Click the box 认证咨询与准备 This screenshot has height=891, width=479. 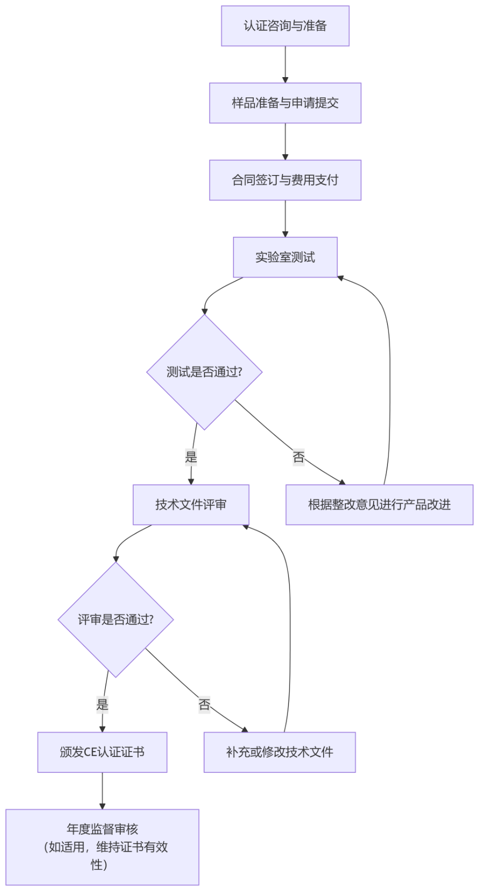[x=285, y=26]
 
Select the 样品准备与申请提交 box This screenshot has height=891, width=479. [x=285, y=103]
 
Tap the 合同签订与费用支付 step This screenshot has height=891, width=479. [x=285, y=180]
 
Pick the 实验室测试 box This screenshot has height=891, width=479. [x=285, y=257]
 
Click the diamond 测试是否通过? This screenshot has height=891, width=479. [x=204, y=372]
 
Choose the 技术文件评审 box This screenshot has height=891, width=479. [x=191, y=505]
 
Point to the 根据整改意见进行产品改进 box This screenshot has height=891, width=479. [x=379, y=505]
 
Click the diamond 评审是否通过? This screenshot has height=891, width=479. [x=115, y=620]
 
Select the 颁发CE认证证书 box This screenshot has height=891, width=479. [x=102, y=752]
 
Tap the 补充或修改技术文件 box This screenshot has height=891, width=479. [x=279, y=752]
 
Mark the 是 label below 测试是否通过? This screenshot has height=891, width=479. [x=191, y=457]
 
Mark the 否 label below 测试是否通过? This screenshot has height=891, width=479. [x=299, y=457]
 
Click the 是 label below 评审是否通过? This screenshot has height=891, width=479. [x=102, y=705]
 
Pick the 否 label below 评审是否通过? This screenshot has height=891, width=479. [x=204, y=705]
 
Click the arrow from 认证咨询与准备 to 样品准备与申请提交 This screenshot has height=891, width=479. [x=285, y=64]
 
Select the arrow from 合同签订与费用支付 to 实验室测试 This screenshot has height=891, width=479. [x=285, y=219]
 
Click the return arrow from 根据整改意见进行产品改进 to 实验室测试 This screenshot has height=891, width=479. [x=390, y=372]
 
